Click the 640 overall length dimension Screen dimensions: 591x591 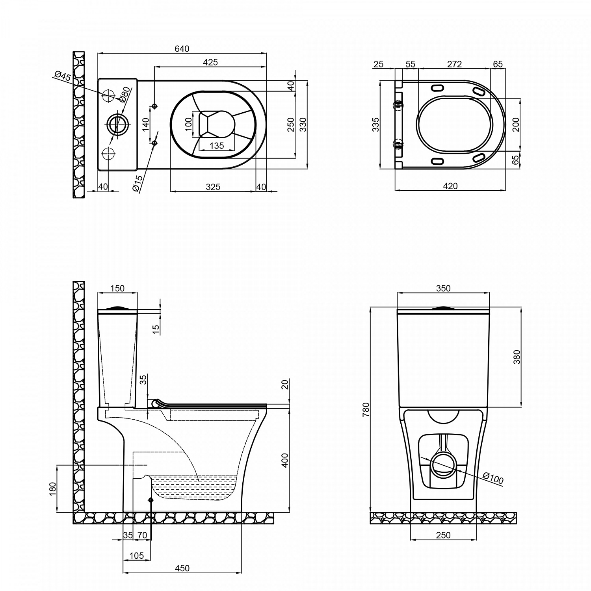click(182, 49)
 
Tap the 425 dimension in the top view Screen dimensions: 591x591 click(210, 62)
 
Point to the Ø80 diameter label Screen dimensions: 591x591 click(124, 95)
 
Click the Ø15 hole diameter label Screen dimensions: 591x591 click(138, 184)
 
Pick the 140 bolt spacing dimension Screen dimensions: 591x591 click(146, 125)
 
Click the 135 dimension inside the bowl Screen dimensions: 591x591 click(216, 146)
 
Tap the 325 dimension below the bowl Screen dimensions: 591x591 click(213, 187)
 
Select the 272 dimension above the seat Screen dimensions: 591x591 click(454, 64)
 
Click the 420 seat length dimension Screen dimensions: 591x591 click(450, 186)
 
